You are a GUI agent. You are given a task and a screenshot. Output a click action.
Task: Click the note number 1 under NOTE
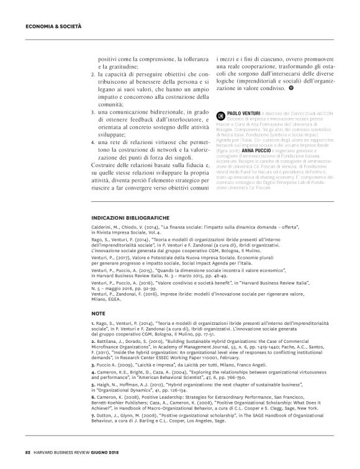point(92,325)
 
